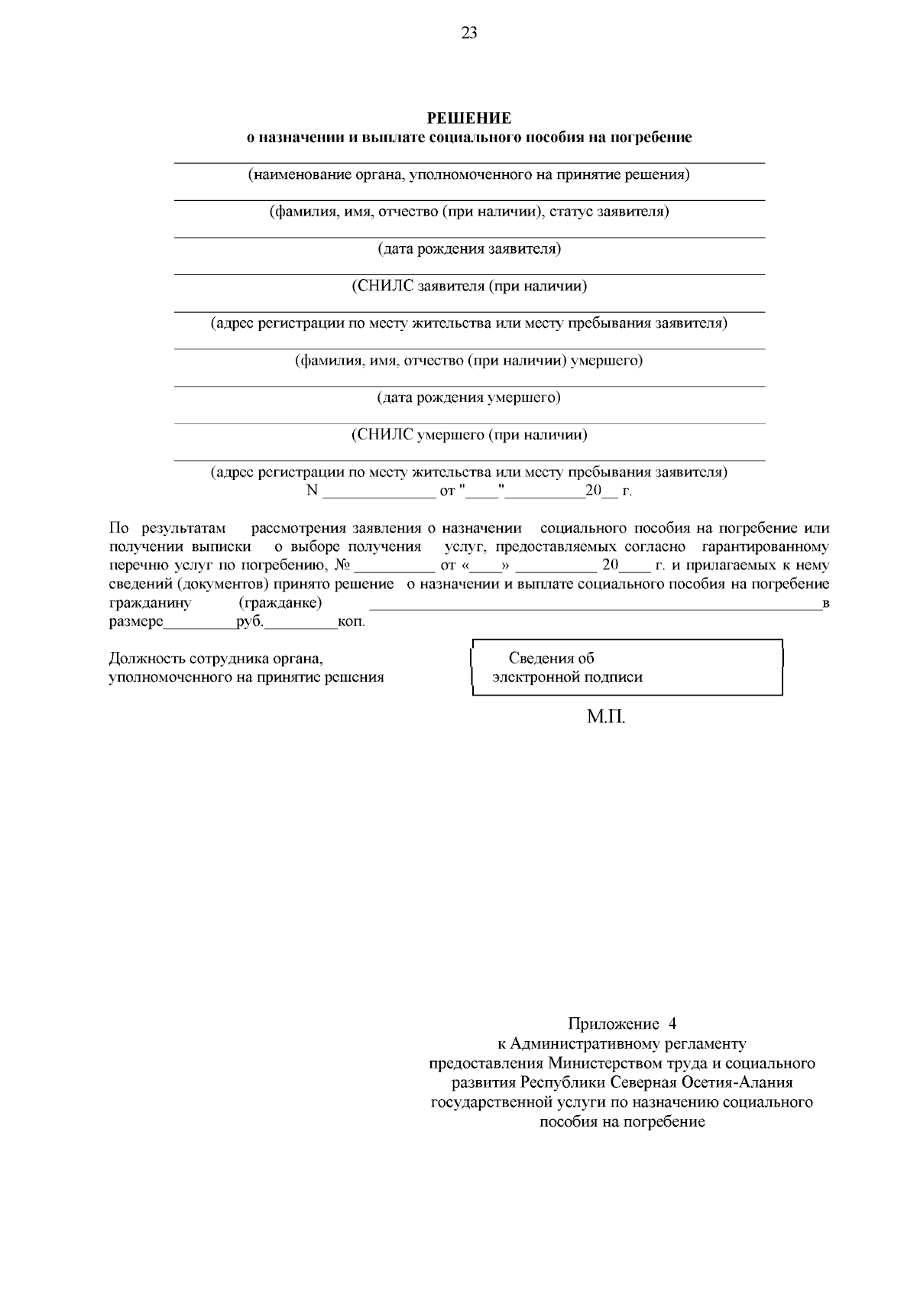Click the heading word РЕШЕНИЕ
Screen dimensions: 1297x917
(468, 118)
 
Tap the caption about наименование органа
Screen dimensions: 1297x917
(468, 174)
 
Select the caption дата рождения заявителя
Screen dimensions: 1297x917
(468, 248)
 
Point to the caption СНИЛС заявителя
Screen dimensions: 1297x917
(468, 286)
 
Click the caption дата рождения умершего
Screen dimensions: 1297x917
(468, 397)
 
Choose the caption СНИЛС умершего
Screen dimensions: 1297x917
(468, 435)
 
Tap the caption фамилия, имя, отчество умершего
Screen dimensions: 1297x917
(468, 360)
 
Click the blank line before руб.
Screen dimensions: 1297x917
(200, 624)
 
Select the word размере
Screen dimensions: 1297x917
(136, 621)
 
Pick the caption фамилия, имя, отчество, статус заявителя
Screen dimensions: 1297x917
(468, 212)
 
